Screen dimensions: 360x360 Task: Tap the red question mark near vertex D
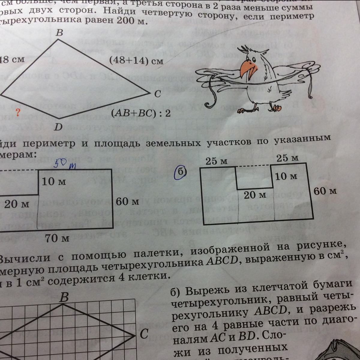(18, 112)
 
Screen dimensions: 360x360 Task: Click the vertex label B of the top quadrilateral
(59, 33)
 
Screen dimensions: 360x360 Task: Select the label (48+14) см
(136, 61)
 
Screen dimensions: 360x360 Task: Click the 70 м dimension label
(57, 238)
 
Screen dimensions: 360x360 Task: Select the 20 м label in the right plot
(255, 195)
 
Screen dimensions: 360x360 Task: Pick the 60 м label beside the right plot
(325, 191)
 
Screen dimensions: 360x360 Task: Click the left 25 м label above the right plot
(216, 161)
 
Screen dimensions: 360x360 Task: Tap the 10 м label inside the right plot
(286, 176)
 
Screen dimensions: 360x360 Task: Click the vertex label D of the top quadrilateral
(58, 127)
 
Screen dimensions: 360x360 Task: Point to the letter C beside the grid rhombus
(144, 334)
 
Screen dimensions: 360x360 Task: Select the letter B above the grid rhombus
(64, 297)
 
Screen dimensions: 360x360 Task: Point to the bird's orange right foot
(277, 108)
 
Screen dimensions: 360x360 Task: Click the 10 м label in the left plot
(54, 181)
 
